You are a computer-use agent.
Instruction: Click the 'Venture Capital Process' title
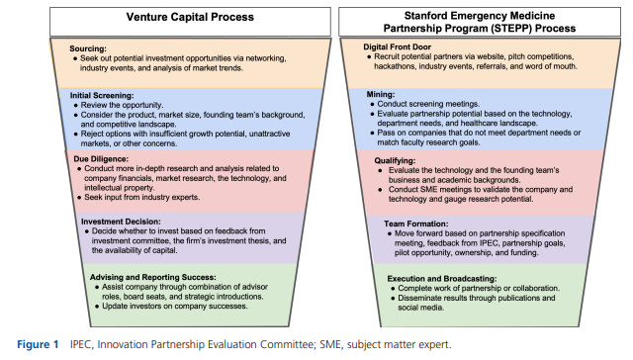(x=162, y=18)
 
